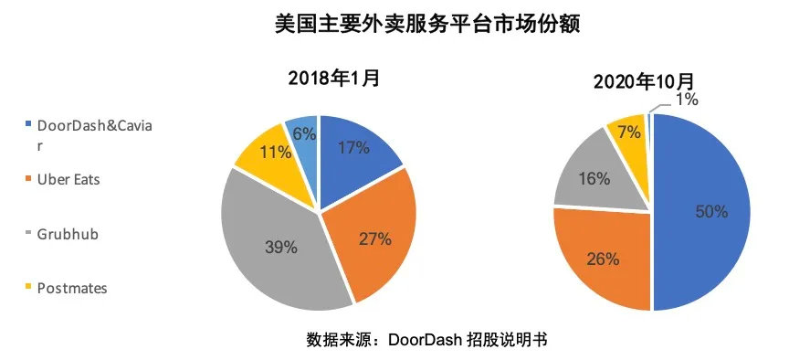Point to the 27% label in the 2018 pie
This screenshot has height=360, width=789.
tap(374, 239)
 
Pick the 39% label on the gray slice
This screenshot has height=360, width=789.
tap(281, 247)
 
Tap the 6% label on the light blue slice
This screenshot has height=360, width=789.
tap(304, 133)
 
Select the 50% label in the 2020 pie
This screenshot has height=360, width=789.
tap(710, 211)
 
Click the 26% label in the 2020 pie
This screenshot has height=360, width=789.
tap(603, 259)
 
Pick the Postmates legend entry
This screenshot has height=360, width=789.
tap(72, 288)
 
